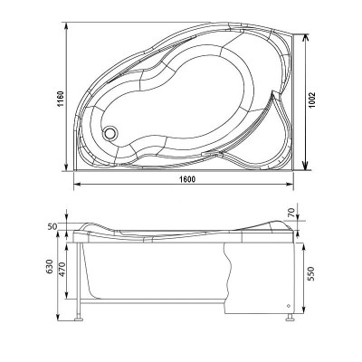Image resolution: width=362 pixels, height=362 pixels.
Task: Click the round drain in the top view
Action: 111,133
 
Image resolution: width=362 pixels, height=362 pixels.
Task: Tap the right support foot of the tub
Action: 289,317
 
